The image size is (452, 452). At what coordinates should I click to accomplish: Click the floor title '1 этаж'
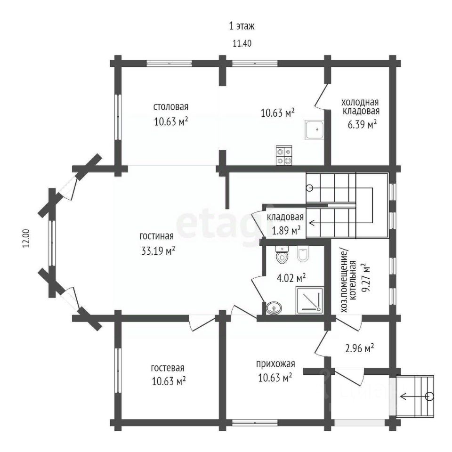pyautogui.click(x=242, y=26)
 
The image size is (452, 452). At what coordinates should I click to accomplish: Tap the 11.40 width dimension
pyautogui.click(x=242, y=43)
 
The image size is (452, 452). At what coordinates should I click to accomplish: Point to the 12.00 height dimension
pyautogui.click(x=26, y=238)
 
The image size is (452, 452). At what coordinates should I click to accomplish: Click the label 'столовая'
pyautogui.click(x=170, y=107)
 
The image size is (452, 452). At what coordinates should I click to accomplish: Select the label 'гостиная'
pyautogui.click(x=156, y=236)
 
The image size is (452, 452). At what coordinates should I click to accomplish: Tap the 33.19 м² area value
pyautogui.click(x=158, y=250)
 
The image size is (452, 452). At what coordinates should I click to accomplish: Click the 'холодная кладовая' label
pyautogui.click(x=360, y=107)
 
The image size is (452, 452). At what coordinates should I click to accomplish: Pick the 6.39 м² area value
pyautogui.click(x=363, y=124)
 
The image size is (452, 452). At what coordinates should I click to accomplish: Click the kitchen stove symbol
pyautogui.click(x=284, y=155)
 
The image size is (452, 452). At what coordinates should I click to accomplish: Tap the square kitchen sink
pyautogui.click(x=314, y=130)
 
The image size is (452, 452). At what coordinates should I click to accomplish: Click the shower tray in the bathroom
pyautogui.click(x=310, y=300)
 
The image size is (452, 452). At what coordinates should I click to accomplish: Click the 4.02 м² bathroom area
pyautogui.click(x=291, y=278)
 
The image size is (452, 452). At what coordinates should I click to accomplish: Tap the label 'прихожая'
pyautogui.click(x=275, y=364)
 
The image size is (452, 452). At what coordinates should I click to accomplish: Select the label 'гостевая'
pyautogui.click(x=168, y=368)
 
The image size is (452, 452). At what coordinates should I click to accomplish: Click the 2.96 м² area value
pyautogui.click(x=359, y=348)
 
